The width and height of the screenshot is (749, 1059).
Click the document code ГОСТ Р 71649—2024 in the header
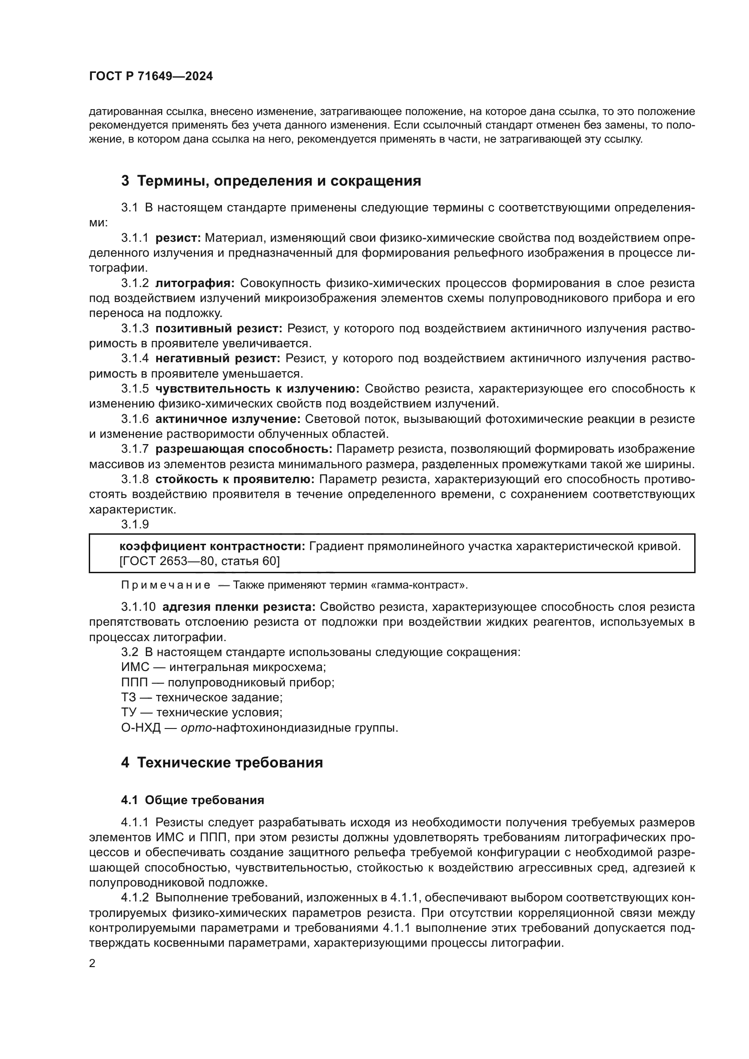coord(151,77)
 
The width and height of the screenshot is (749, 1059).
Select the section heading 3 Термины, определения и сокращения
coord(271,181)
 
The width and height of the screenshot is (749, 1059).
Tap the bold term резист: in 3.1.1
coord(178,238)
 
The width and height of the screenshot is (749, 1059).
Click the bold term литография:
coord(195,283)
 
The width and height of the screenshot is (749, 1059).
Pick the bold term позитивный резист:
coord(219,328)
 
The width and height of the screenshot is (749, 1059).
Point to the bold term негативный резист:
coord(218,359)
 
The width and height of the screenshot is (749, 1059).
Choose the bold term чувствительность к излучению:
coord(257,389)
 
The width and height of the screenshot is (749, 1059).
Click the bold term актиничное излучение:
coord(228,419)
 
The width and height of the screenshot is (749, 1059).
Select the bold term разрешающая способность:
coord(244,449)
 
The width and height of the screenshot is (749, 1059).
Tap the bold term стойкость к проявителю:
coord(235,479)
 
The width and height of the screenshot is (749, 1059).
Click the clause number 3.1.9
coord(134,524)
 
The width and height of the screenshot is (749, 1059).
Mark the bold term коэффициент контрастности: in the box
coord(212,546)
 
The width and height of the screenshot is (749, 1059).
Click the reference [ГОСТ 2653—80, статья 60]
coord(199,561)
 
